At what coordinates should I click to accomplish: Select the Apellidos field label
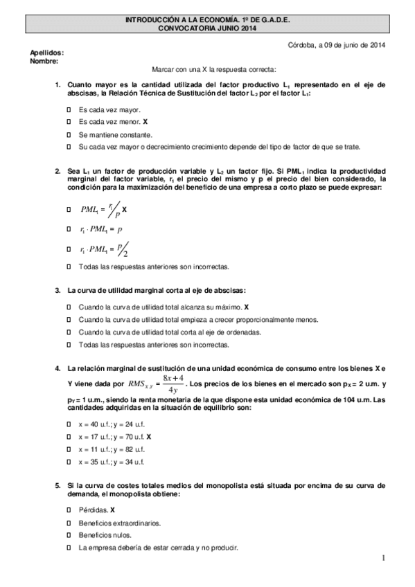[x=47, y=53]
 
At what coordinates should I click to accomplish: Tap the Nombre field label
[x=44, y=60]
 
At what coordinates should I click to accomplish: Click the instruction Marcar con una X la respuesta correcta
[x=213, y=70]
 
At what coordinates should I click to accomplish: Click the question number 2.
[x=58, y=170]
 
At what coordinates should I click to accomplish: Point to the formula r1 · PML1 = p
[x=101, y=228]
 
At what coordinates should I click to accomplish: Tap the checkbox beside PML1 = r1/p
[x=69, y=208]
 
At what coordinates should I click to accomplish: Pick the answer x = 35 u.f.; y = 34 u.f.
[x=111, y=462]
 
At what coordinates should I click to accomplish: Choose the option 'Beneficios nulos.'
[x=105, y=535]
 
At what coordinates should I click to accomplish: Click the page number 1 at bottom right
[x=382, y=558]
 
